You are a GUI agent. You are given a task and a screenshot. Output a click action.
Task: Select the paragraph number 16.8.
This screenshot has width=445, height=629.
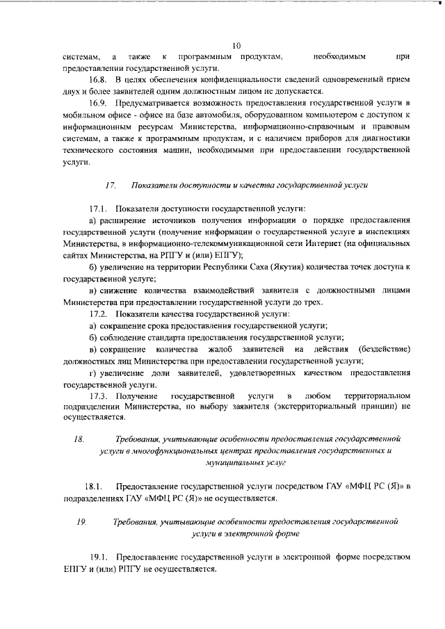(x=98, y=80)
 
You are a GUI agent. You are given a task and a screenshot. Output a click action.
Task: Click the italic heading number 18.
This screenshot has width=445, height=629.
(x=79, y=439)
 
